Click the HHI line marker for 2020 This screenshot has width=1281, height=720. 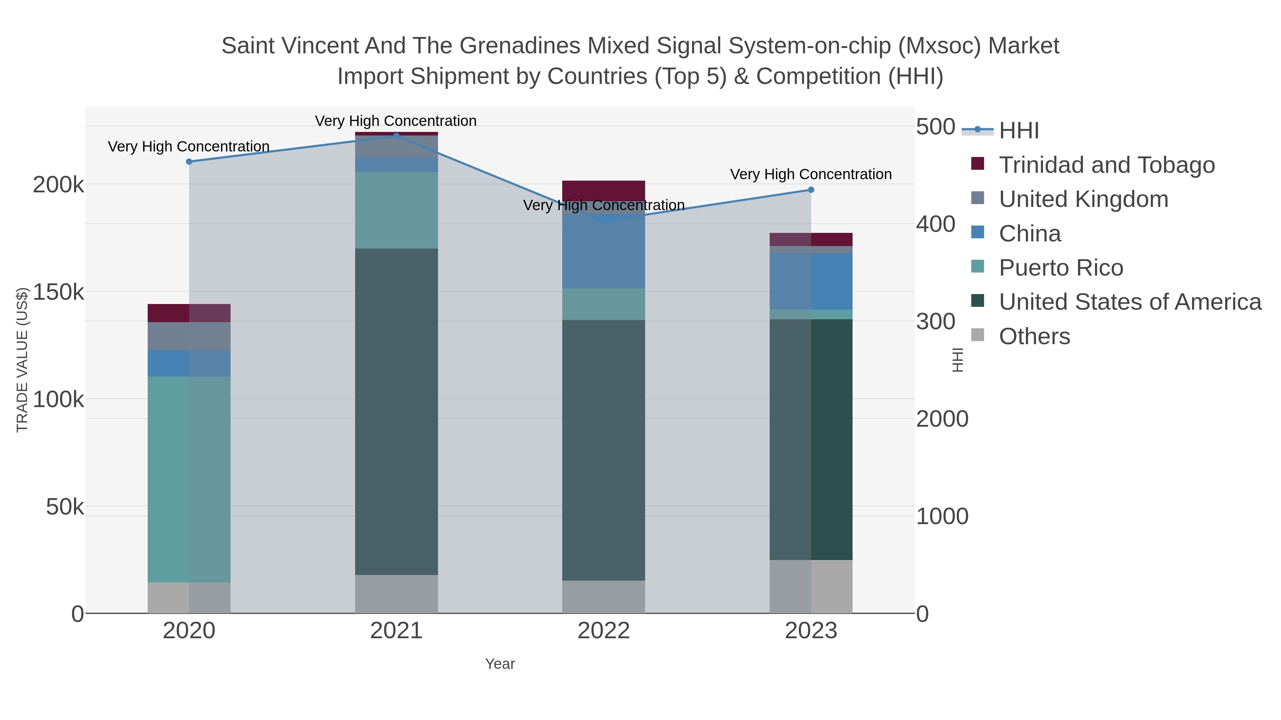pos(189,161)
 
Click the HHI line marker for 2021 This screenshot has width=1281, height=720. pos(396,136)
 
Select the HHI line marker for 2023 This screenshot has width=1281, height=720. pos(811,190)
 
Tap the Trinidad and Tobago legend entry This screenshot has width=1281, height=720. pos(1106,165)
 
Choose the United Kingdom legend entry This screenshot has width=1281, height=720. pos(1083,199)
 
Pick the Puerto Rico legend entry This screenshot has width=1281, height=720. pos(1061,267)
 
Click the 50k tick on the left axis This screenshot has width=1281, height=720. pos(65,507)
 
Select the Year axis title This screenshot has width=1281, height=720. pos(500,664)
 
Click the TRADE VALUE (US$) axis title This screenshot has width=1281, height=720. pos(22,360)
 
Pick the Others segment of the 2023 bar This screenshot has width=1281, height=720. pos(811,586)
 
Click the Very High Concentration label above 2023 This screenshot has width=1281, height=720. pos(811,175)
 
